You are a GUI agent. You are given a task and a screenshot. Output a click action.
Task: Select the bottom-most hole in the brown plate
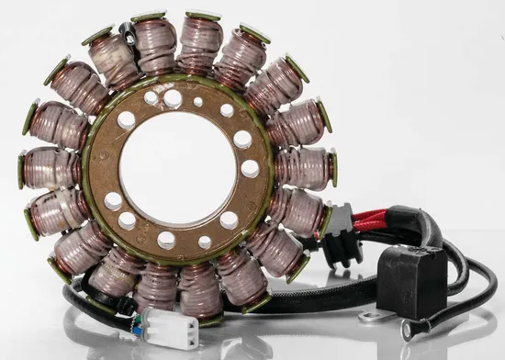[166, 241]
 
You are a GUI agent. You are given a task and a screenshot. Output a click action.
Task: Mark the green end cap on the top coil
[203, 16]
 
